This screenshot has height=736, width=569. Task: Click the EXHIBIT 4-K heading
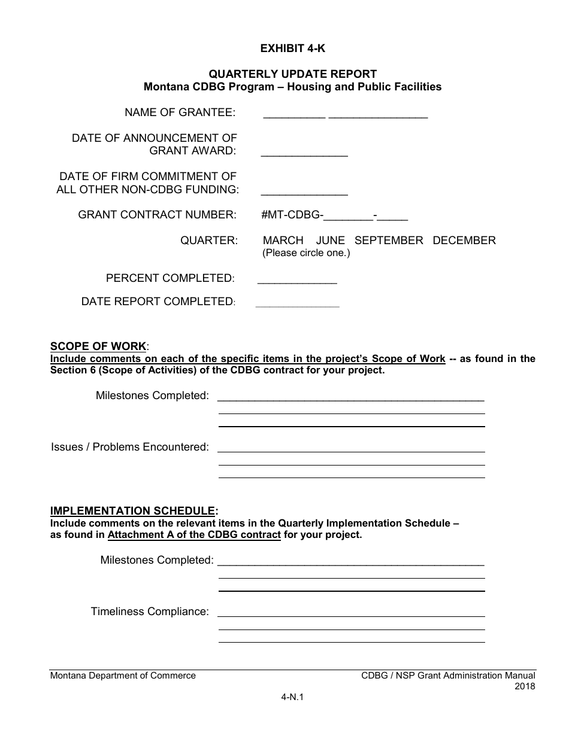tap(292, 48)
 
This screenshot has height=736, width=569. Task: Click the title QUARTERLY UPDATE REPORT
tap(292, 74)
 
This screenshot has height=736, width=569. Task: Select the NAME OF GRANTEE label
tap(180, 112)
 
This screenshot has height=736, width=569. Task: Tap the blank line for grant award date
tap(304, 154)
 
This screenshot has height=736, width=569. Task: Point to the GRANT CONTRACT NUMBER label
tap(157, 215)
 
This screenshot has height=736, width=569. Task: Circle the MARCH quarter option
tap(283, 241)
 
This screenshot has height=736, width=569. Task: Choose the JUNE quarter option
tap(331, 241)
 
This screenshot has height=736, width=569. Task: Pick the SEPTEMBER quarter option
tap(389, 241)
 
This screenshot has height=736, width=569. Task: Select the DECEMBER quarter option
tap(464, 241)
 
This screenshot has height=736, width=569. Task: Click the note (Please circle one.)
tap(306, 253)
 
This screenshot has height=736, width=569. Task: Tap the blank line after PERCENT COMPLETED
tap(297, 281)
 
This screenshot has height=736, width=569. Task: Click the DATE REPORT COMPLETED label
tap(158, 302)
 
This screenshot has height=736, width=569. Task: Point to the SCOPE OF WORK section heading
tap(98, 346)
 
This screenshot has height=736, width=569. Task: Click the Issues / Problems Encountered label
tap(130, 447)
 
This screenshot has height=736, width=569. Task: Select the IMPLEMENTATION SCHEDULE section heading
tap(132, 511)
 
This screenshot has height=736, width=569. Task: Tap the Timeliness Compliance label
tap(150, 612)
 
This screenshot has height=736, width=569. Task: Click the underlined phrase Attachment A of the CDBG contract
tap(194, 535)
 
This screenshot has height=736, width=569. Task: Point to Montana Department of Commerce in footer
tap(123, 676)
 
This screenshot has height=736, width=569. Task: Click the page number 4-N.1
tap(292, 697)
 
